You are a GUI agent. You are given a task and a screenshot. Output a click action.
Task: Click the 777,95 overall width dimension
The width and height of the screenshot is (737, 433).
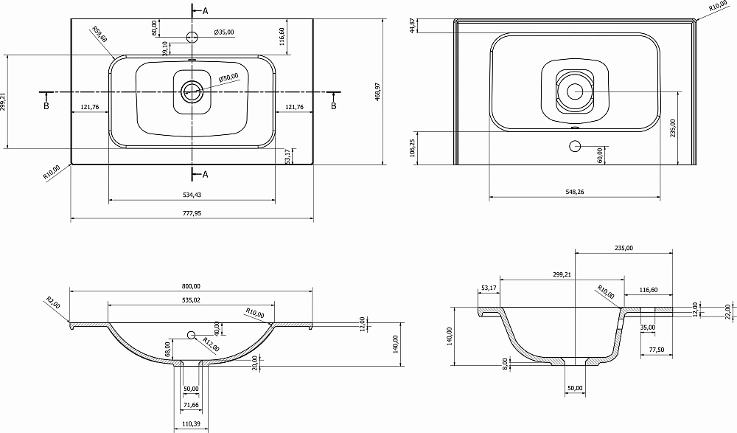(x=192, y=213)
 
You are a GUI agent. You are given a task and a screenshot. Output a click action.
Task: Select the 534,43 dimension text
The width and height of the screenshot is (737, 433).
(x=192, y=195)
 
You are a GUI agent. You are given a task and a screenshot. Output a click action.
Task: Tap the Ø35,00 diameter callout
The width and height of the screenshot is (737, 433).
(x=224, y=32)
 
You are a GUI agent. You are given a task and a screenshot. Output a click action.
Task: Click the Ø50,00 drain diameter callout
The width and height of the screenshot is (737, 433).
(x=228, y=78)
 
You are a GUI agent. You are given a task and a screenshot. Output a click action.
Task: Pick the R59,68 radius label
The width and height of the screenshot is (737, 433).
(x=99, y=35)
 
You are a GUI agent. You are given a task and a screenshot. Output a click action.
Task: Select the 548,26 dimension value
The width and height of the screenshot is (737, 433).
(x=574, y=192)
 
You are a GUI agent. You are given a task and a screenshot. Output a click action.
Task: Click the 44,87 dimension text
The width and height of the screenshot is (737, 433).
(x=412, y=25)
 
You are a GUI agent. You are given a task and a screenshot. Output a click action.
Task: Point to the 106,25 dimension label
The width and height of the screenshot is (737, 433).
(x=412, y=148)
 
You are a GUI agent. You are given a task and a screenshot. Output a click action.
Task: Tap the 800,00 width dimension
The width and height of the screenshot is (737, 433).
(x=191, y=286)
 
